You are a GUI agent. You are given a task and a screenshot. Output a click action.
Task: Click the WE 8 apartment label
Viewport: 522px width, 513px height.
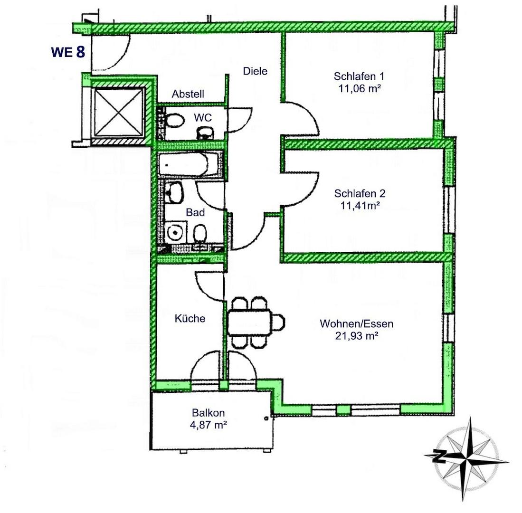(x=68, y=52)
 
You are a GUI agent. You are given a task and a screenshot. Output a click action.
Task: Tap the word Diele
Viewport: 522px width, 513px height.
(x=255, y=71)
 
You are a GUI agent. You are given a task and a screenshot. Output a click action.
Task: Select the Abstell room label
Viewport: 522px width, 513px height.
(x=188, y=94)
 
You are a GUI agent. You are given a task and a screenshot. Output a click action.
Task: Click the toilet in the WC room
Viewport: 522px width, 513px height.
(x=175, y=121)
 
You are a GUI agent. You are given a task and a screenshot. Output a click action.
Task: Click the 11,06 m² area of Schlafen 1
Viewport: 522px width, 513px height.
(x=359, y=88)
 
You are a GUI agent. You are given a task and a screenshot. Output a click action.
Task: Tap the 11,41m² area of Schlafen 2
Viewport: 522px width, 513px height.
(x=360, y=205)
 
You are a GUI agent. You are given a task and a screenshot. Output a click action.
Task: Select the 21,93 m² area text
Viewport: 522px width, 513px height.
(x=357, y=336)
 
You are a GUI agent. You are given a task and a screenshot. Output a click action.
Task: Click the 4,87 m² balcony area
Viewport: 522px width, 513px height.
(x=209, y=425)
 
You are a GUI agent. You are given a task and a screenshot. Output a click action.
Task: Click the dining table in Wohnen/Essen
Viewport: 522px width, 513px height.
(x=250, y=322)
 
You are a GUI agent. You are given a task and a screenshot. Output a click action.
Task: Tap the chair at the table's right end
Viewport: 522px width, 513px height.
(x=279, y=322)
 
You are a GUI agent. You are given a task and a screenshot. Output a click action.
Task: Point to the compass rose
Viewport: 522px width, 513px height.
(x=467, y=459)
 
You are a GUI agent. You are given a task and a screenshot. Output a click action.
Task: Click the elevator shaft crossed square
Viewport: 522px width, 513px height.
(x=119, y=113)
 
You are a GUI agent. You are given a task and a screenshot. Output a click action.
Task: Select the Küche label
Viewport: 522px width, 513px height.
(x=190, y=319)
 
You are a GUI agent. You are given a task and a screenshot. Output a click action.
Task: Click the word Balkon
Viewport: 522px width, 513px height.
(x=208, y=413)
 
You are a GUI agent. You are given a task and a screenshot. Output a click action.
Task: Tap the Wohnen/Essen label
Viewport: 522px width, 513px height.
(x=357, y=323)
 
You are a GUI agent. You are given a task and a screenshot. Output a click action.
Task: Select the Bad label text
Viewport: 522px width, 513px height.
(x=195, y=212)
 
